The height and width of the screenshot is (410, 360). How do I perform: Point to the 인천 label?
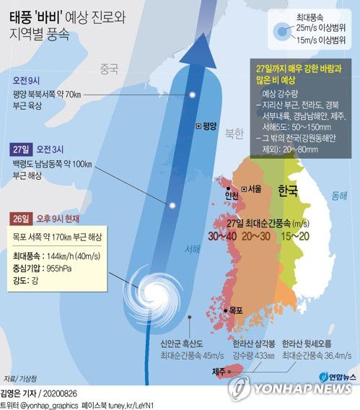(x=232, y=196)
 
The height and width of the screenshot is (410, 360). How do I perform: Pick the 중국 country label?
(x=108, y=69)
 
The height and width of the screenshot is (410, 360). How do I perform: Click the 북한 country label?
(x=234, y=134)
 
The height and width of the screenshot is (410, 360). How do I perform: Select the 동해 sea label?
(x=338, y=196)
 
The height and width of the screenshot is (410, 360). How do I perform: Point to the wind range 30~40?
(x=223, y=235)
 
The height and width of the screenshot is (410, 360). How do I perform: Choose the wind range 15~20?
(x=295, y=235)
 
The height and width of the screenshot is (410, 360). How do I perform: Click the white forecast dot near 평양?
(x=193, y=95)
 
